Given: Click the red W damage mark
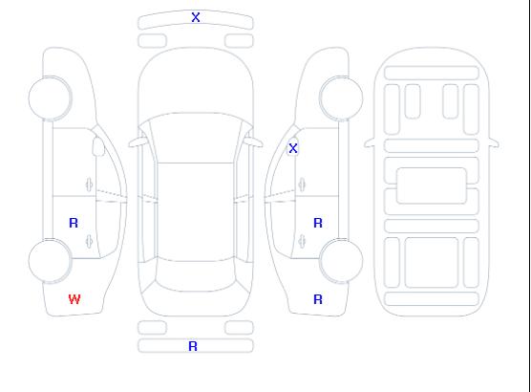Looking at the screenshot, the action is coord(74,299).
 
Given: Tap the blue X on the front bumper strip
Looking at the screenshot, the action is coord(196,17).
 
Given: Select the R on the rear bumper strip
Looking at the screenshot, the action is coord(193,346).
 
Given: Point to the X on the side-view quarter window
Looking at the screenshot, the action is coord(293,148).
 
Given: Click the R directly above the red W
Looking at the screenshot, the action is coord(74,223).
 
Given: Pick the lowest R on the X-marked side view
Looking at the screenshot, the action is coord(318,299).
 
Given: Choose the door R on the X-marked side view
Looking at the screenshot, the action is coord(318,223).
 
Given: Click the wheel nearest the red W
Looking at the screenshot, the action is coord(50,260).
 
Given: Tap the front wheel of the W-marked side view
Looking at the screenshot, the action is coord(50,98).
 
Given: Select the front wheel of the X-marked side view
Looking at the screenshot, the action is coord(341,98).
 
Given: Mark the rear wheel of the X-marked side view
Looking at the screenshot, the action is coord(341,260).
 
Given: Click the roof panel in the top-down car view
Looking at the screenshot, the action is coord(196,212).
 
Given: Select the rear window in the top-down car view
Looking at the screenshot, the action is coord(196,275).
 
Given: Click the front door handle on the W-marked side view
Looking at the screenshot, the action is coord(90,185).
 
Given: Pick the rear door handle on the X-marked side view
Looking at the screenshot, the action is coord(302,241).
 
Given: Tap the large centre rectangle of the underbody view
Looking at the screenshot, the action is coord(432,185).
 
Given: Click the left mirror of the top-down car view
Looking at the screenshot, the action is coord(138,142).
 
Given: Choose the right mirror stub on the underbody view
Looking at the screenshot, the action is coord(494,142).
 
